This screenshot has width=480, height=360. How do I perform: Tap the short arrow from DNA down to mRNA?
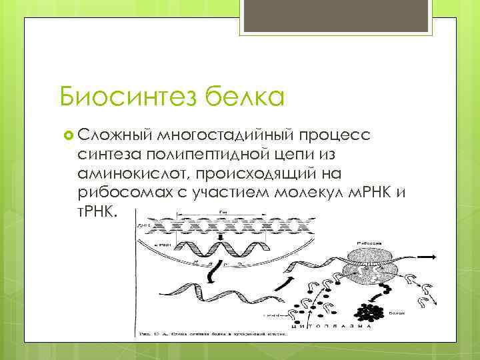click(x=200, y=239)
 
